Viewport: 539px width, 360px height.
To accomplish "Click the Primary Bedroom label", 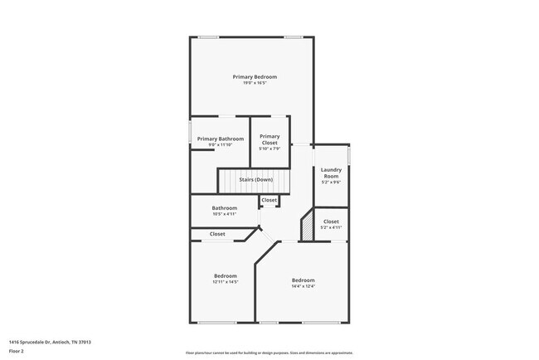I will [255, 76].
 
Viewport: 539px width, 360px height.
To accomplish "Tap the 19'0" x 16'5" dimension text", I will [255, 83].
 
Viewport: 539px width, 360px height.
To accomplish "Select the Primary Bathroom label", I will [221, 139].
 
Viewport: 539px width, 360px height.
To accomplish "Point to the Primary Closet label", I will [269, 139].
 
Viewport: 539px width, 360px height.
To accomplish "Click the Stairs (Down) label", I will [256, 179].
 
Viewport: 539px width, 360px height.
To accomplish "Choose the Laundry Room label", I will [331, 173].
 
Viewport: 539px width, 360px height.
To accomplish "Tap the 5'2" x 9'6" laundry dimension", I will [331, 182].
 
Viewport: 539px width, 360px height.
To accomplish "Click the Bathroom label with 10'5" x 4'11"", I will [225, 207].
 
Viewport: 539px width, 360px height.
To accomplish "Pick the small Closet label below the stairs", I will [269, 200].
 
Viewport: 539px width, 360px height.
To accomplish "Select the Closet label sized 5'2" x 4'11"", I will [331, 221].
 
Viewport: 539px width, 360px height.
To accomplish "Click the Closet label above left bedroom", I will [217, 234].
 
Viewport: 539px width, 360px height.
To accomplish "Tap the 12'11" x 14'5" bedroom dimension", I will [226, 282].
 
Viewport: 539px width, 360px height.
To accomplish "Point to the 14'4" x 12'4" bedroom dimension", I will [303, 287].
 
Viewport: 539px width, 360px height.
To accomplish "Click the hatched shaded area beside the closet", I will [307, 226].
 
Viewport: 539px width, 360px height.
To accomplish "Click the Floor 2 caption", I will [17, 352].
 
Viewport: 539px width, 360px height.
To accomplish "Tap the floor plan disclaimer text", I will [269, 352].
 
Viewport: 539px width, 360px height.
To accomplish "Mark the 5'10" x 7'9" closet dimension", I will [269, 148].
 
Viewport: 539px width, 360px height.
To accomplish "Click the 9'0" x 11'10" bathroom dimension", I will [221, 146].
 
